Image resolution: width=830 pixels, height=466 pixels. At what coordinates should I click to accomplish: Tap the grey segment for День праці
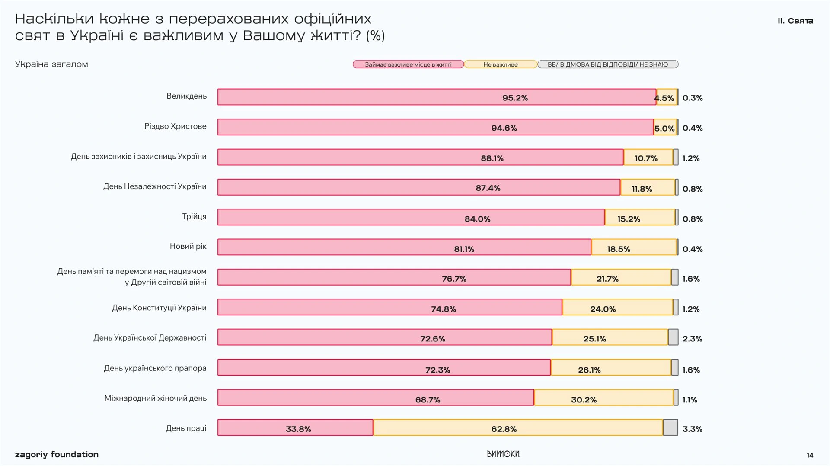point(670,427)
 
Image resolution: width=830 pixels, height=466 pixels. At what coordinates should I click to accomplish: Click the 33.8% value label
point(298,429)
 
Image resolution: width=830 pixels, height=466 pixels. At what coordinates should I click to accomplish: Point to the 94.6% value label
point(504,128)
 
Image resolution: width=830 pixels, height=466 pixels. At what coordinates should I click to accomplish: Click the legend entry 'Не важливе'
point(500,64)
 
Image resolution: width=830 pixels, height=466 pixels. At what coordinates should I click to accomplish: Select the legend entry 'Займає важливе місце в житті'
point(408,64)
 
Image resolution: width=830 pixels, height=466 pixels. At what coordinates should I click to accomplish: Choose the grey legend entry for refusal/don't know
point(607,64)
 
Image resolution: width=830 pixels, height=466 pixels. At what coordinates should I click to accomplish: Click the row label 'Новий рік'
point(188,246)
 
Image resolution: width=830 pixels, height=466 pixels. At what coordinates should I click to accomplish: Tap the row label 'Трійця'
point(194,216)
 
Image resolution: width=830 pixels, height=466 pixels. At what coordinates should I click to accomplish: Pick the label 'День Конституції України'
point(159,308)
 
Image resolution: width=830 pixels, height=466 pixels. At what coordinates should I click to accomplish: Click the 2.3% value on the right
point(692,339)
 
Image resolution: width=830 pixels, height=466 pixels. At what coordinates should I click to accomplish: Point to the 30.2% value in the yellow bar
point(584,400)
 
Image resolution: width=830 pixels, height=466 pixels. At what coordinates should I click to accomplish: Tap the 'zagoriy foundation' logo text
point(57,454)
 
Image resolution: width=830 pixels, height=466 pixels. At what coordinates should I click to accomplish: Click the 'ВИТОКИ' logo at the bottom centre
point(503,454)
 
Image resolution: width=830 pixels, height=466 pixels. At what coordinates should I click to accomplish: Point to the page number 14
point(810,455)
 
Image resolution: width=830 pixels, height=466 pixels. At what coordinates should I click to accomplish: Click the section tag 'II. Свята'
point(795,21)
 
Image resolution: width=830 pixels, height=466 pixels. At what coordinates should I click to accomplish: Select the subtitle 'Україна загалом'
point(51,64)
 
